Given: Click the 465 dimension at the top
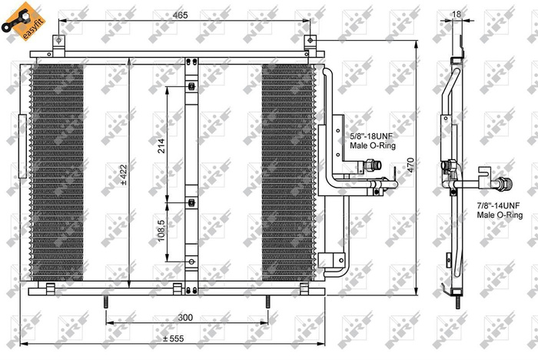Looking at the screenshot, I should (x=182, y=15).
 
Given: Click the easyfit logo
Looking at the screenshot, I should (x=17, y=17).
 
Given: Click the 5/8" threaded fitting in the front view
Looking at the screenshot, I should (x=371, y=164).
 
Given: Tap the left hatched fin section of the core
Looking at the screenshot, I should (x=55, y=173).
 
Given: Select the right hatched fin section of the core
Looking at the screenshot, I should (x=288, y=173).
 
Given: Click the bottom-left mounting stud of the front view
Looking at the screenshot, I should (x=101, y=302).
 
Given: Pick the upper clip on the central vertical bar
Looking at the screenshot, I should (x=190, y=88).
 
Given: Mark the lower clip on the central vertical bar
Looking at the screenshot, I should (x=190, y=203).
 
